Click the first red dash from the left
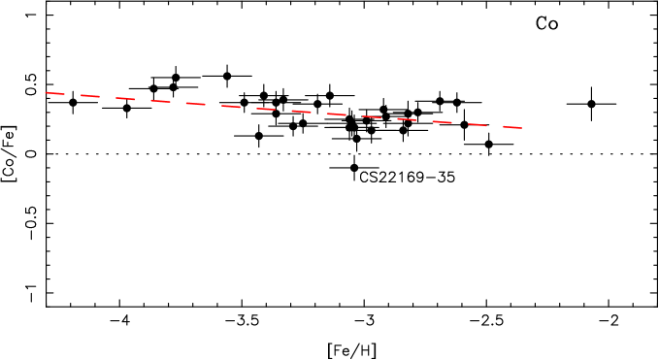(x=54, y=93)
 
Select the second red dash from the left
(x=90, y=96)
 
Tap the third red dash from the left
(x=125, y=99)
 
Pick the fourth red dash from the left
(x=160, y=101)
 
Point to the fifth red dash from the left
(x=195, y=104)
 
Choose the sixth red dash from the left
(x=230, y=107)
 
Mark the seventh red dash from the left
(x=266, y=109)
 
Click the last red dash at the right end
(x=512, y=127)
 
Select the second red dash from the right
(x=477, y=124)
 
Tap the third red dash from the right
(x=442, y=122)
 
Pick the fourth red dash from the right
(x=407, y=119)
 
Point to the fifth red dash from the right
(x=372, y=116)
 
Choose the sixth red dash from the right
(x=336, y=115)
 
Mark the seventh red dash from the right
(x=301, y=112)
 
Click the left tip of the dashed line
(x=45, y=92)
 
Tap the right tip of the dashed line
(x=522, y=128)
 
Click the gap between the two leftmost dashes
(x=73, y=95)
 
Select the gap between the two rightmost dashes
(x=495, y=126)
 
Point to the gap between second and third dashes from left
(x=108, y=97)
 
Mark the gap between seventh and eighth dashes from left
(x=283, y=111)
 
